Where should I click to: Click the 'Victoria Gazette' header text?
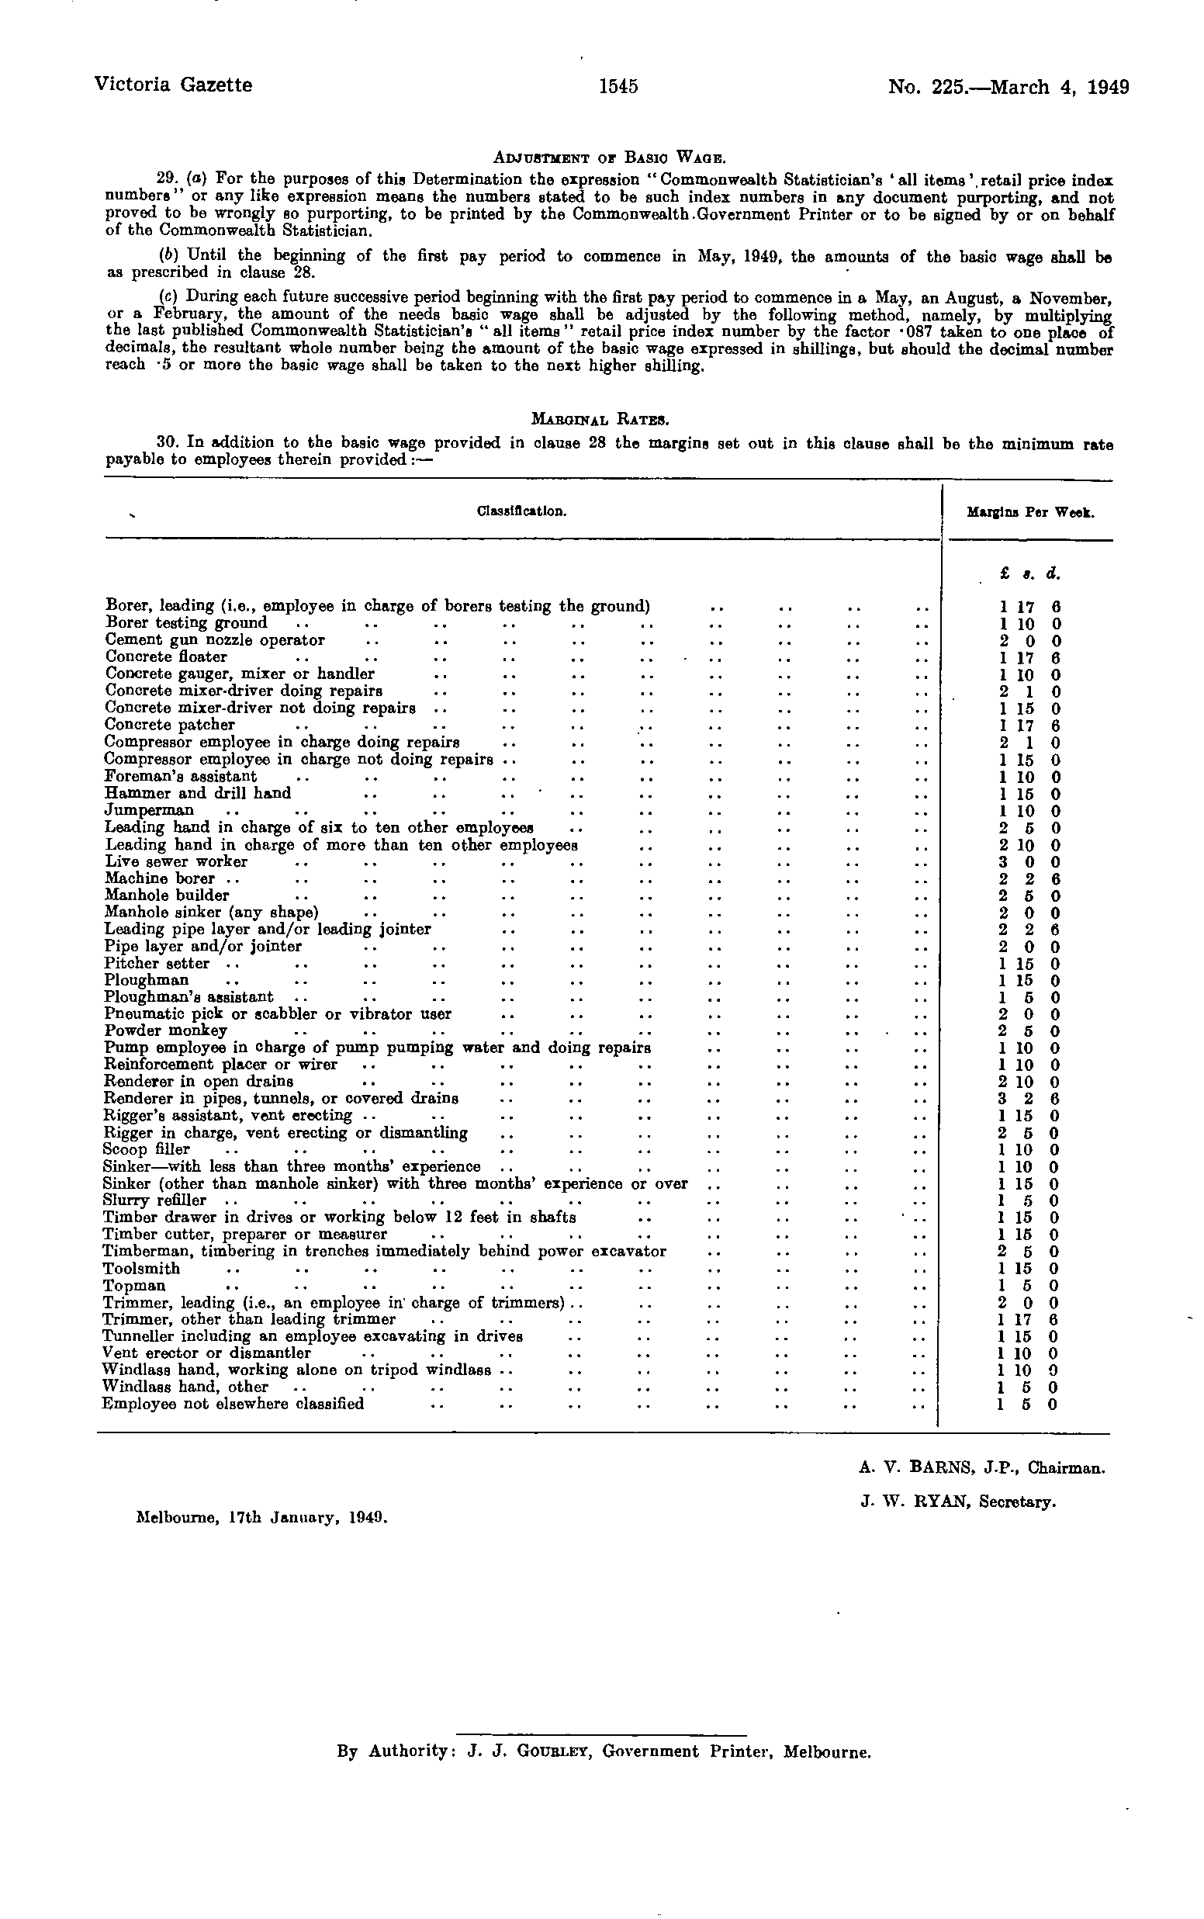[173, 85]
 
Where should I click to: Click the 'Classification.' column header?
[521, 511]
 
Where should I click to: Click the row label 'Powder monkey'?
[154, 1031]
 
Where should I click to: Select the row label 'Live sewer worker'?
[176, 861]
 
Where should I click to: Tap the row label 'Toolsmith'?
[142, 1269]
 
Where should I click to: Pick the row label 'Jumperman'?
[149, 811]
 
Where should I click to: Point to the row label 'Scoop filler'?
[147, 1149]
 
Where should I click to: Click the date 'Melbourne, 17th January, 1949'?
[263, 1517]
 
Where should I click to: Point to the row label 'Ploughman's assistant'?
[189, 997]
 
